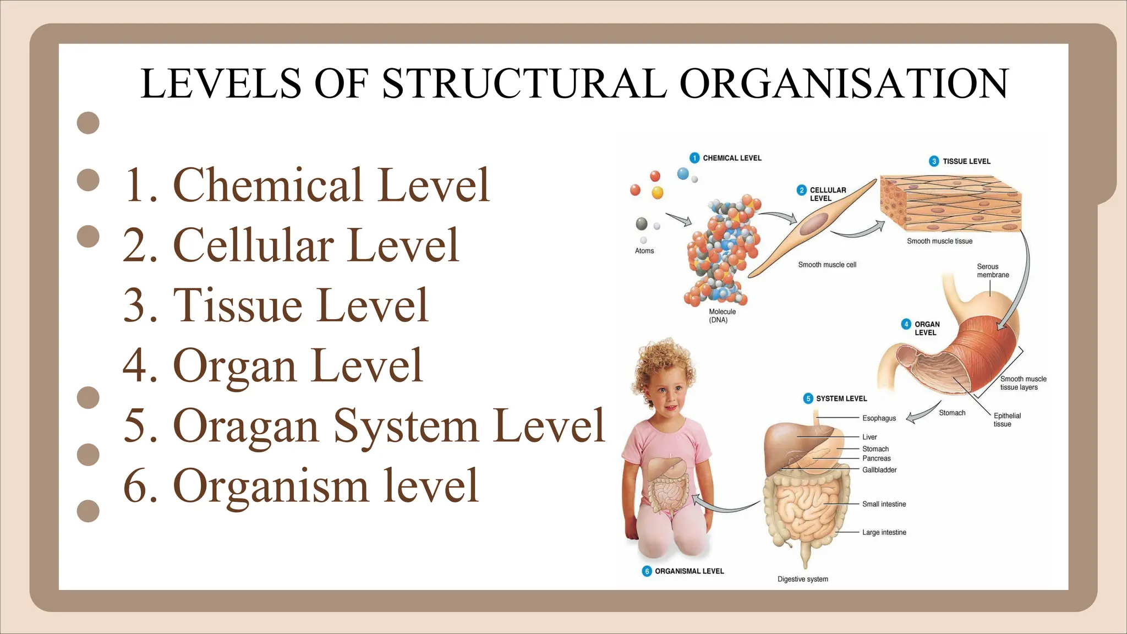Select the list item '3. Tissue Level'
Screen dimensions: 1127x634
pos(275,305)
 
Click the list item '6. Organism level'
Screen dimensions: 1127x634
pos(300,486)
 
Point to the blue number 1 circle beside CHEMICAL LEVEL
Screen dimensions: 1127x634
pos(694,158)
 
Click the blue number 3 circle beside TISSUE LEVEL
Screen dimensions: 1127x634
pos(934,161)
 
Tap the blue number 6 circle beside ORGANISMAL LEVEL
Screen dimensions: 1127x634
pos(647,571)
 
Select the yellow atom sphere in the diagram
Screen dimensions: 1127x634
pos(657,193)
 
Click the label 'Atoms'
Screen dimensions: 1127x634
pos(644,251)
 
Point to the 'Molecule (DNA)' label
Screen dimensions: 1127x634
pos(721,315)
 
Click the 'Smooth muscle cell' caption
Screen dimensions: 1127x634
pos(827,265)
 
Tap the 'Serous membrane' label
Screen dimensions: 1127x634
pos(993,271)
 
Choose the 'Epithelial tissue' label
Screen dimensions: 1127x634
pos(1006,420)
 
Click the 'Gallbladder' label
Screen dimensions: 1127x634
pos(879,470)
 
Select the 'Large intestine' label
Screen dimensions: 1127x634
pos(884,532)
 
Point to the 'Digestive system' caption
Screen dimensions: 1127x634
pos(802,579)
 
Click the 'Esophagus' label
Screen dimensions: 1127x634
pos(879,418)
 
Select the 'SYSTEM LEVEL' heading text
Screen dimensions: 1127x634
pos(841,398)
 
